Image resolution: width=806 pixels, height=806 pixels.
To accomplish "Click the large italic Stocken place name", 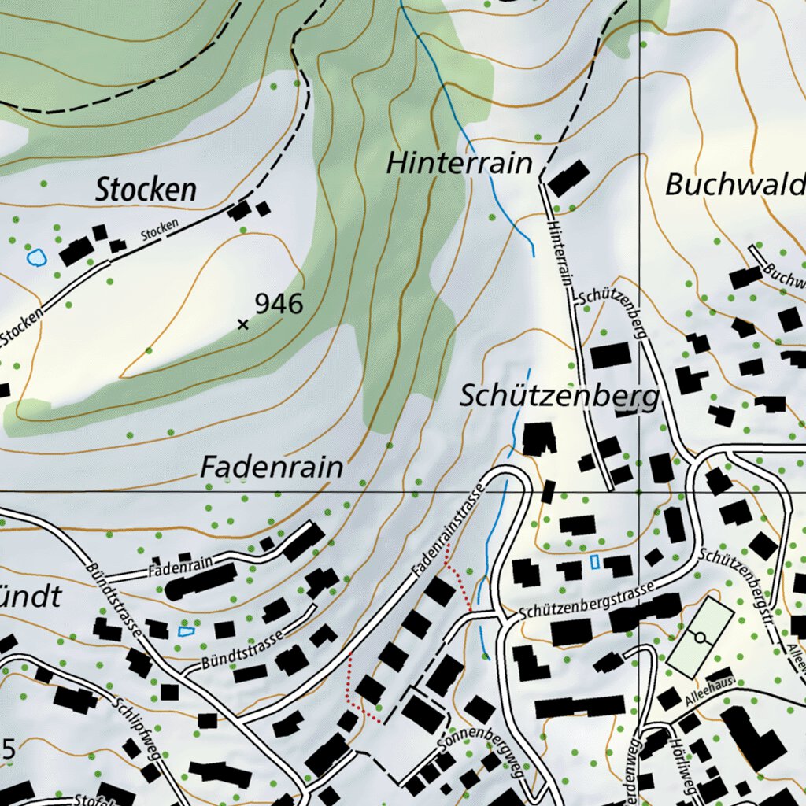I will click(146, 190).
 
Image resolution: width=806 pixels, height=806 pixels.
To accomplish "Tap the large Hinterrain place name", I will click(460, 164).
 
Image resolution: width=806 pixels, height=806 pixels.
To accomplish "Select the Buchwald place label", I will click(735, 185).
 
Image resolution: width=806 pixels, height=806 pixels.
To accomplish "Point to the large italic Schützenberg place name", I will click(559, 397).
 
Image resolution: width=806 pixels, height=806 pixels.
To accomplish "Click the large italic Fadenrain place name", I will click(272, 468).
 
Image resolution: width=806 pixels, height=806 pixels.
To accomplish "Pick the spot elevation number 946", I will click(279, 304).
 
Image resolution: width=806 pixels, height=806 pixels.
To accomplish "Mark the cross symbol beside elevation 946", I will click(242, 324).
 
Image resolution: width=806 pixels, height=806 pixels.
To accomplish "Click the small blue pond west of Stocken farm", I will click(35, 257).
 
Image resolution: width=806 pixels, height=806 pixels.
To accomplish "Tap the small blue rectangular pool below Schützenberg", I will click(595, 562).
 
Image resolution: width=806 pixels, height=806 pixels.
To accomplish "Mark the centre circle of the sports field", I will click(698, 636).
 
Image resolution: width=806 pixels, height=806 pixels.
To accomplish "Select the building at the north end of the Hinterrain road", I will click(568, 178).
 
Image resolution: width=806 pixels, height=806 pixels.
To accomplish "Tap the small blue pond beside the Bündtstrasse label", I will click(186, 631).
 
